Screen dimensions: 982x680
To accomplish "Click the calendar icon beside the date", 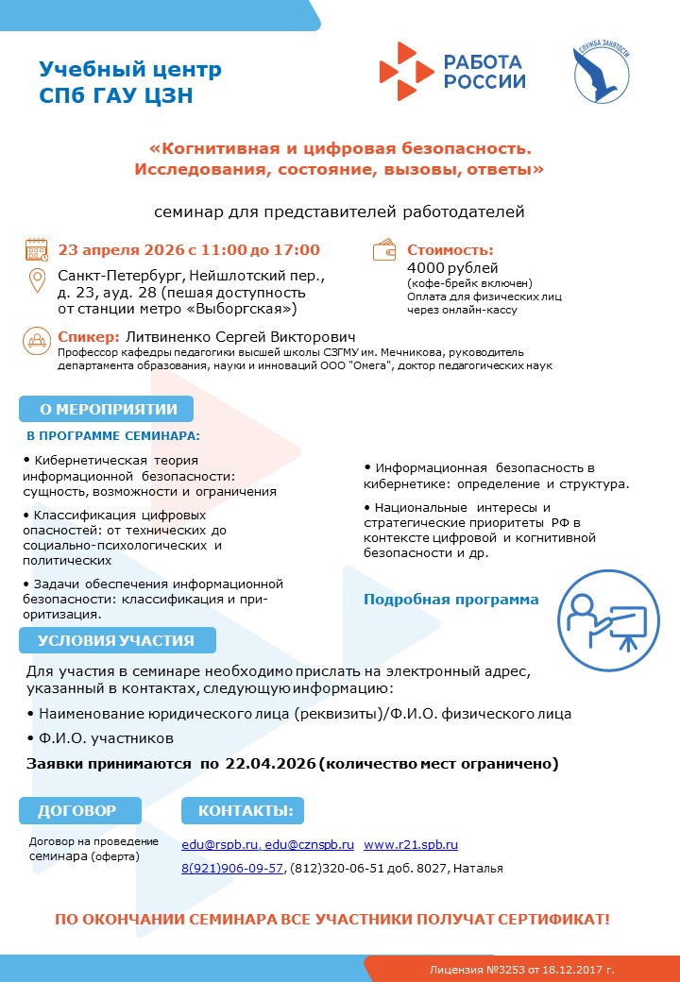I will pos(37,250).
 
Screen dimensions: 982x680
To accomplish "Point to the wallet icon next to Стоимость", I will pos(384,251).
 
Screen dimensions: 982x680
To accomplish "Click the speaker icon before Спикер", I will pos(37,338).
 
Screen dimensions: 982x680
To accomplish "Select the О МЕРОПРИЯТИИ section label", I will pos(107,409).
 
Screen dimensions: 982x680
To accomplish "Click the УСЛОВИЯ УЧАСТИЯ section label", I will pos(116,640).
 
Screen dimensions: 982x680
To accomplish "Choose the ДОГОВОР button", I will pos(79,810).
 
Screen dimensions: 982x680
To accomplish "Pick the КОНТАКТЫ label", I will pos(245,810).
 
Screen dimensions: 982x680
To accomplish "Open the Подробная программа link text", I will pos(451,600).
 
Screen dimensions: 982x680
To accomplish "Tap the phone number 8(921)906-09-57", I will pos(232,868).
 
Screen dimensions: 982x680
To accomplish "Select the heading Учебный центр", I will pos(130,69).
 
